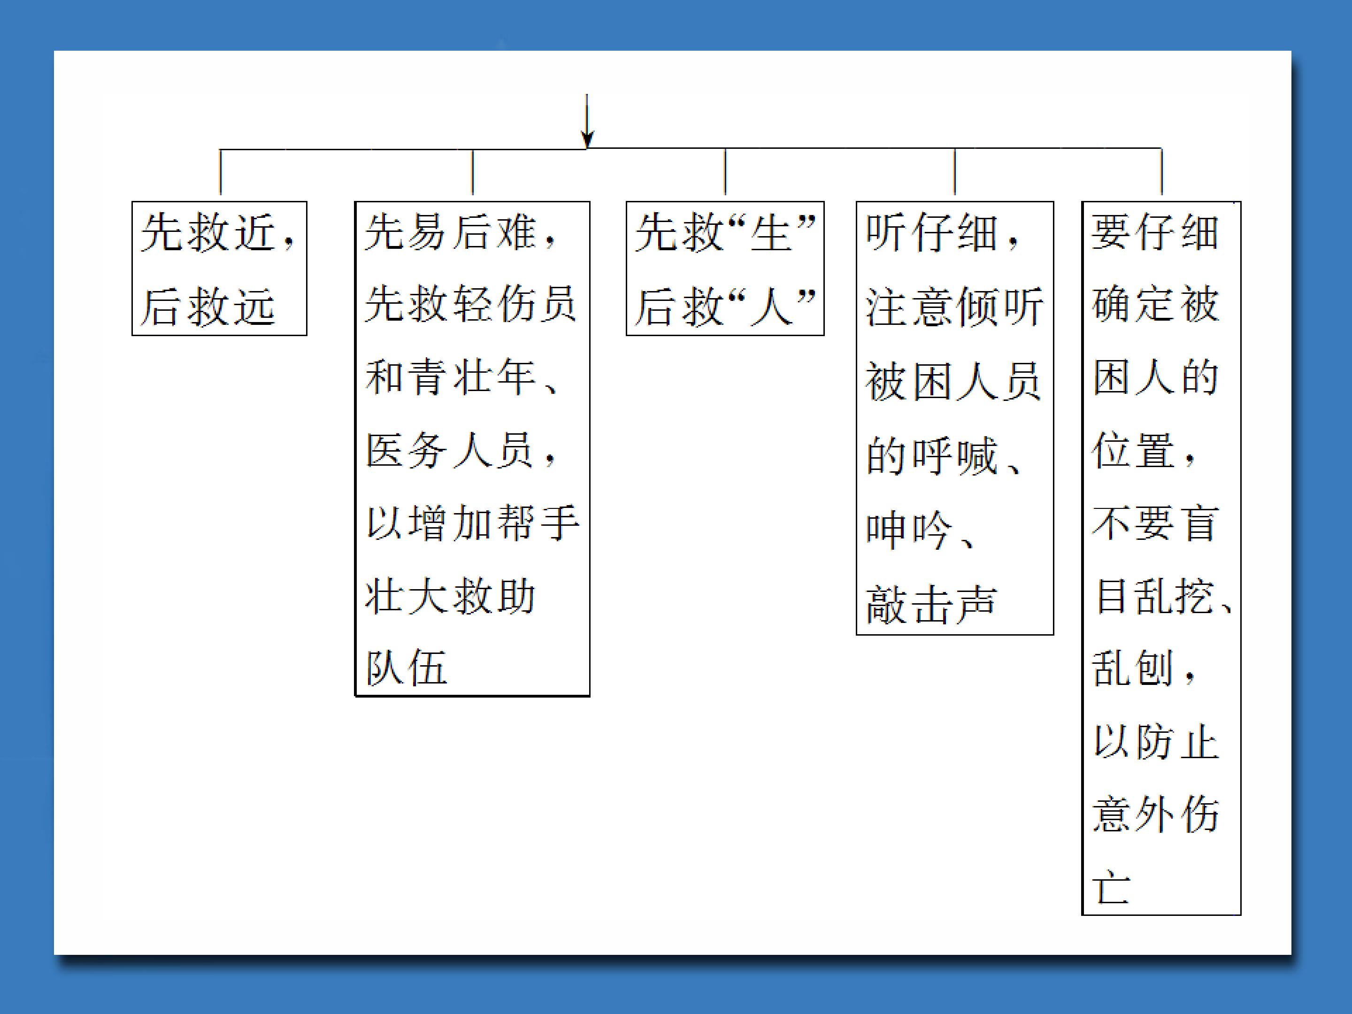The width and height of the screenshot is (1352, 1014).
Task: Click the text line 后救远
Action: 208,306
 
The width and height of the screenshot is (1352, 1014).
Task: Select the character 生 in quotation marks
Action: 771,232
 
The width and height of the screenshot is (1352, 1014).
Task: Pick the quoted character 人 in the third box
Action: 771,306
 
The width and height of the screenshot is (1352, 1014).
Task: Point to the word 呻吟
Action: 909,530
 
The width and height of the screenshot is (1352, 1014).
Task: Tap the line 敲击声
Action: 931,604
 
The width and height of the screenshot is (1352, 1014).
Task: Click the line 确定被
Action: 1155,304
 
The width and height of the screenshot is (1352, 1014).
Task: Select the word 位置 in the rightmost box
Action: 1133,450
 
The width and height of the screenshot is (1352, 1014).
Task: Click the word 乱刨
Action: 1133,668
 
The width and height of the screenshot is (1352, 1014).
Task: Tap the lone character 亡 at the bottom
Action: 1111,886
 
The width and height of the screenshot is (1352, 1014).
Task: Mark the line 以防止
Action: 1155,741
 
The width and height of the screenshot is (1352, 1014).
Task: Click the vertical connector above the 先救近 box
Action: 220,172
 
